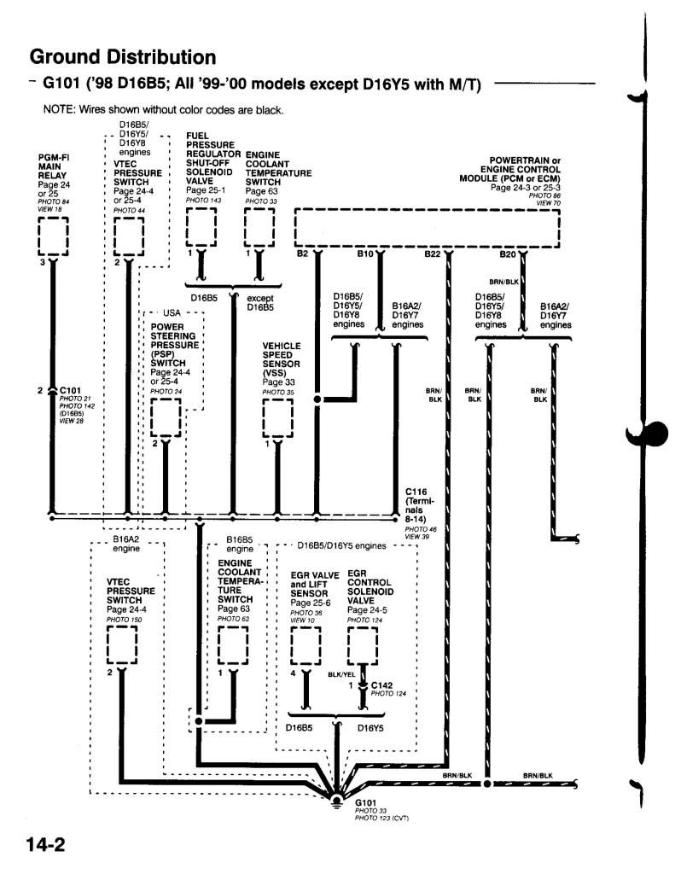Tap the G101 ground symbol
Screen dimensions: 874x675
point(338,801)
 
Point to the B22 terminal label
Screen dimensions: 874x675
point(433,254)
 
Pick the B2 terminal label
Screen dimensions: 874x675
point(302,254)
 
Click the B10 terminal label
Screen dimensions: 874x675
point(365,254)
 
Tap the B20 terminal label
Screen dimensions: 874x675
point(509,254)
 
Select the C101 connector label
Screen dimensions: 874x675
point(70,391)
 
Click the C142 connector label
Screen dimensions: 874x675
point(382,685)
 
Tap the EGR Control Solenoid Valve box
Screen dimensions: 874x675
point(364,645)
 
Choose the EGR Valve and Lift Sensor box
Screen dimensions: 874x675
point(306,645)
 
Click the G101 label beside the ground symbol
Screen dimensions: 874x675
point(366,803)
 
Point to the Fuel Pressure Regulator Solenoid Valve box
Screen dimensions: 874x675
point(201,227)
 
